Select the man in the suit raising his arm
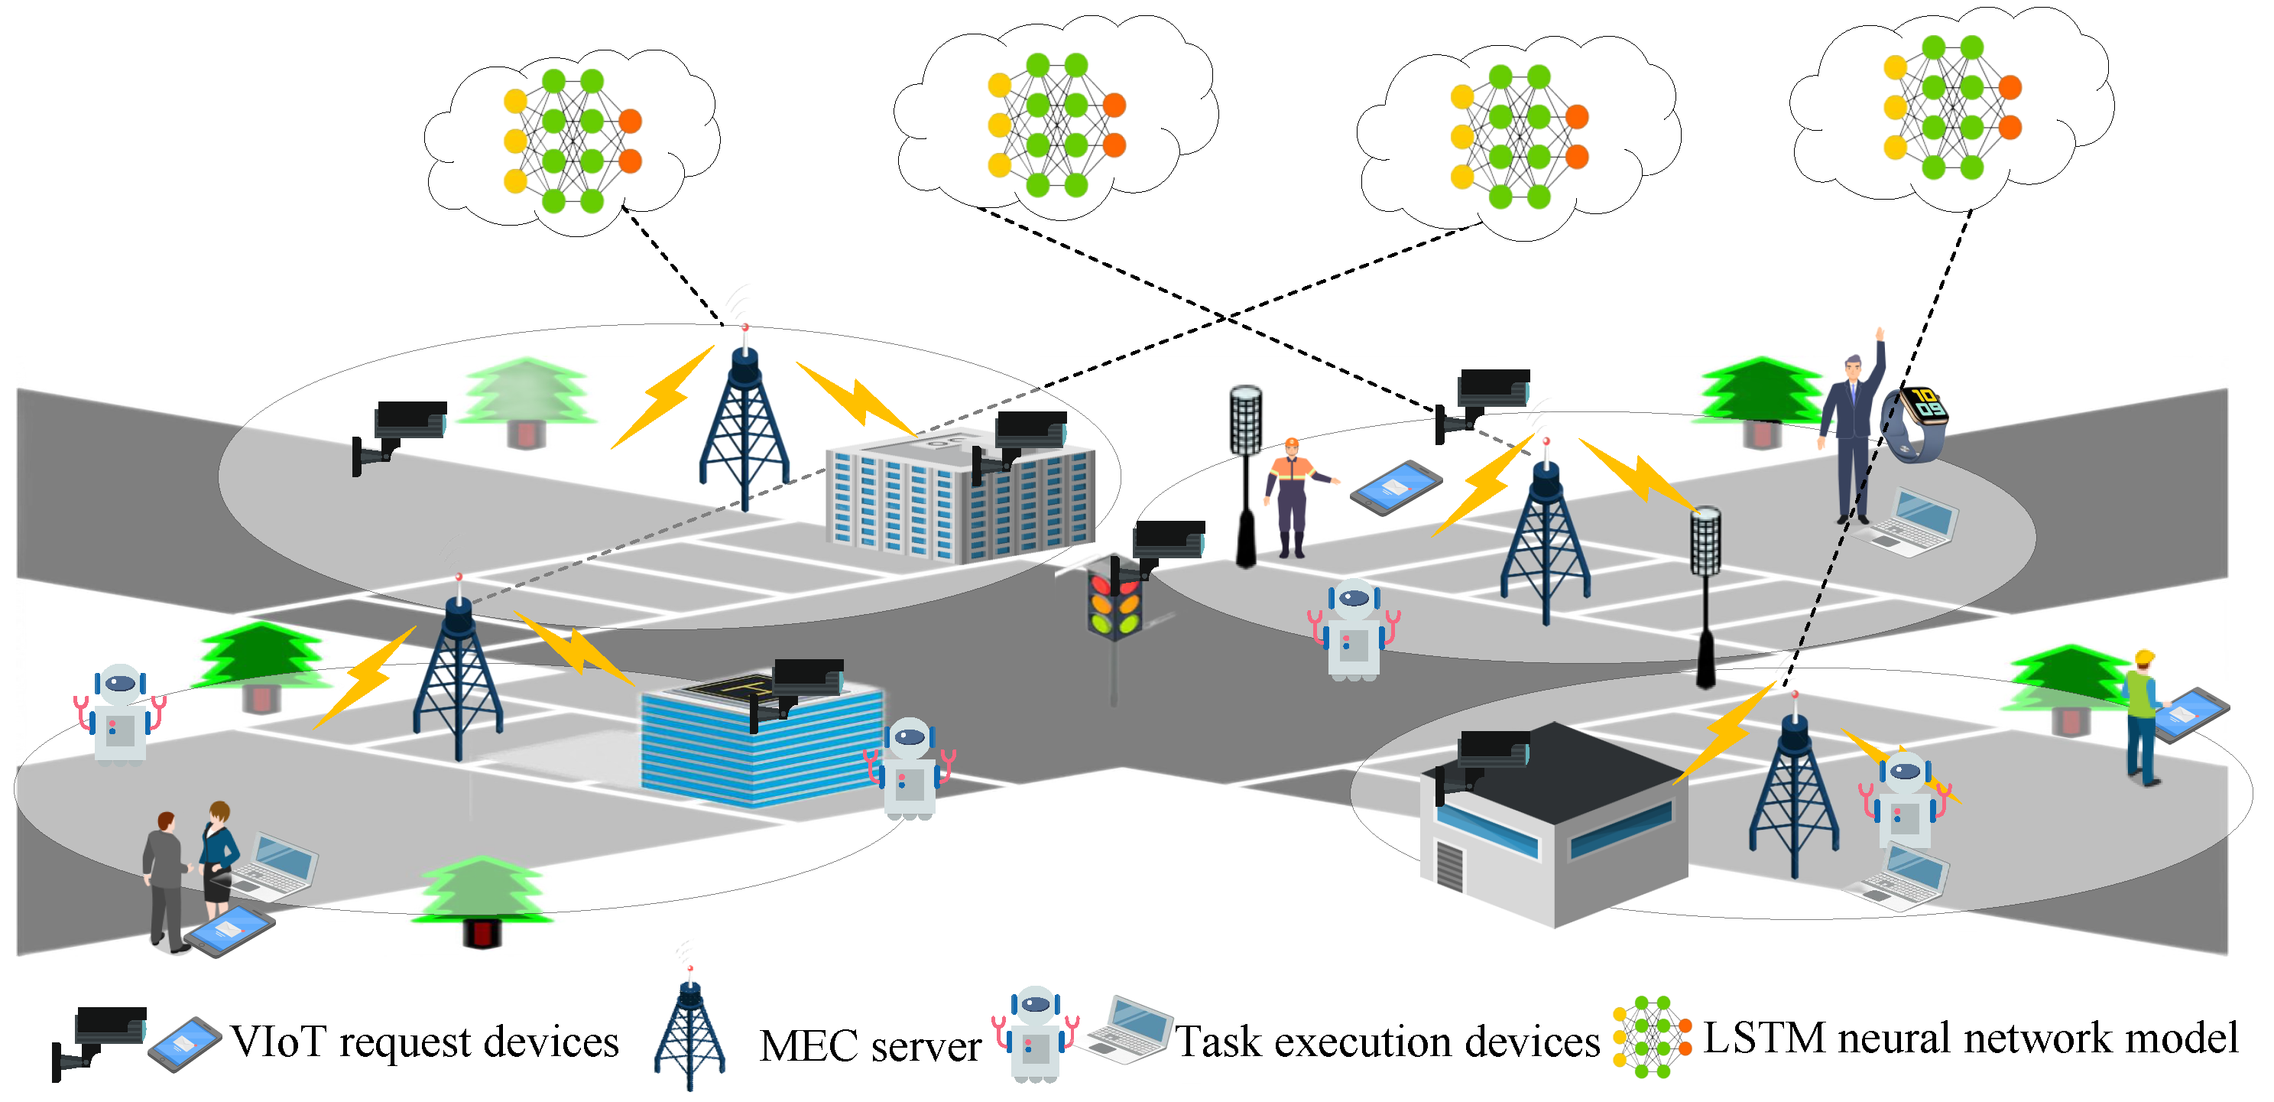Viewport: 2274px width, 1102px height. (1854, 433)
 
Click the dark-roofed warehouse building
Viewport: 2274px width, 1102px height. (1554, 821)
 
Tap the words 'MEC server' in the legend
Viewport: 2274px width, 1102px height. (870, 1045)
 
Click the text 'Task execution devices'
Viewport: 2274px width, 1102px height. (1387, 1042)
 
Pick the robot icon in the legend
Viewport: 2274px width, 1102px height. (1035, 1033)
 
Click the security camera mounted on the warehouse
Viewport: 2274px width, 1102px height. (1483, 759)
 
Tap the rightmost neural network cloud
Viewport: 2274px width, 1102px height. (1951, 106)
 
